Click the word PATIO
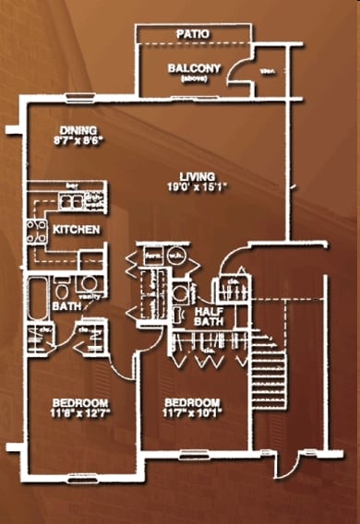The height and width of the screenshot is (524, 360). click(194, 34)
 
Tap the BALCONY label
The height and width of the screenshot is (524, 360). click(194, 67)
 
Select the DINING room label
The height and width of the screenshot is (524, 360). click(78, 130)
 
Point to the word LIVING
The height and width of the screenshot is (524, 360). click(198, 176)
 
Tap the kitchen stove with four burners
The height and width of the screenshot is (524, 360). click(38, 229)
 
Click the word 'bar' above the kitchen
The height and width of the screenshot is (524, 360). click(72, 186)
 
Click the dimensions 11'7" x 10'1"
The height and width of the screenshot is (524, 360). click(192, 413)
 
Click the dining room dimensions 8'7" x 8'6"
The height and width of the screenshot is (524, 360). click(78, 142)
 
